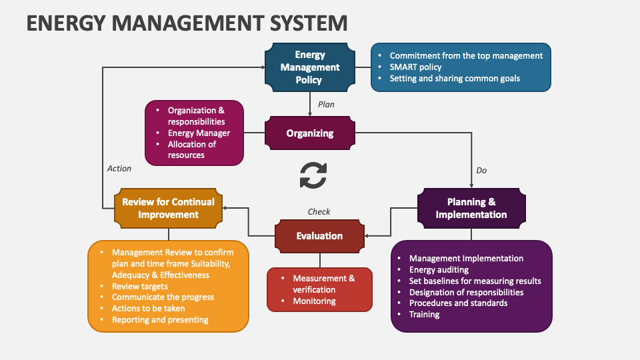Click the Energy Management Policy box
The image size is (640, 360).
click(x=309, y=67)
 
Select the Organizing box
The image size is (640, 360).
click(x=309, y=133)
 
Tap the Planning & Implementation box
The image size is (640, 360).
click(x=471, y=208)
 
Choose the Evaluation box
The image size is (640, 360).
click(x=319, y=236)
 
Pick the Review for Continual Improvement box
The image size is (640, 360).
click(x=168, y=208)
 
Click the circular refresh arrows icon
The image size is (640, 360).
click(x=313, y=175)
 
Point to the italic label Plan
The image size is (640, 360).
click(x=326, y=105)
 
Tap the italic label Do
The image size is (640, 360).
click(x=481, y=171)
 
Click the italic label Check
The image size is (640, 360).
click(x=319, y=212)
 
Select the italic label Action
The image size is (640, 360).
click(x=119, y=169)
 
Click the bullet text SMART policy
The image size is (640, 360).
click(x=415, y=67)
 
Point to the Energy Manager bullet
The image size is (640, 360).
click(x=199, y=133)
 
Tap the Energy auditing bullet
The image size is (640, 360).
click(x=439, y=270)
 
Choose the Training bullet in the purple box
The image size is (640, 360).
click(x=424, y=315)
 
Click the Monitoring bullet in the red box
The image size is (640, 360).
click(x=314, y=301)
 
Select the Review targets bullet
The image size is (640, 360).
click(x=139, y=286)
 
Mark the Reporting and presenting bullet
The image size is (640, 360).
click(x=160, y=320)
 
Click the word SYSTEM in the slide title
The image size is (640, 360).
click(x=303, y=23)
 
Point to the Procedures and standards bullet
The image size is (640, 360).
click(x=458, y=303)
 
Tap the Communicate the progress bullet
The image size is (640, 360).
click(x=163, y=297)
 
